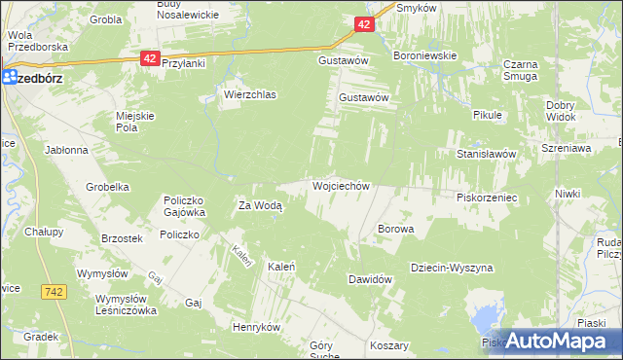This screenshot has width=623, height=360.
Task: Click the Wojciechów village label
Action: [x=341, y=185]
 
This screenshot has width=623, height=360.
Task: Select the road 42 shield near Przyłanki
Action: [x=149, y=58]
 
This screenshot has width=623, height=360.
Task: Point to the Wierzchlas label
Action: [x=250, y=95]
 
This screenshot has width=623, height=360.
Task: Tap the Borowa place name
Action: [x=396, y=230]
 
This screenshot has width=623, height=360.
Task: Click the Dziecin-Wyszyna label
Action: [x=452, y=268]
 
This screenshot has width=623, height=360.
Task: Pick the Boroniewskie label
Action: [x=424, y=55]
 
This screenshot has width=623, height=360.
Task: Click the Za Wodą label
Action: [x=260, y=205]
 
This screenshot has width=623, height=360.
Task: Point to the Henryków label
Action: [x=256, y=328]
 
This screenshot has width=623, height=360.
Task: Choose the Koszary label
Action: [x=388, y=345]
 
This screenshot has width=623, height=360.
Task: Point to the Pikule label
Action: [x=488, y=115]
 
